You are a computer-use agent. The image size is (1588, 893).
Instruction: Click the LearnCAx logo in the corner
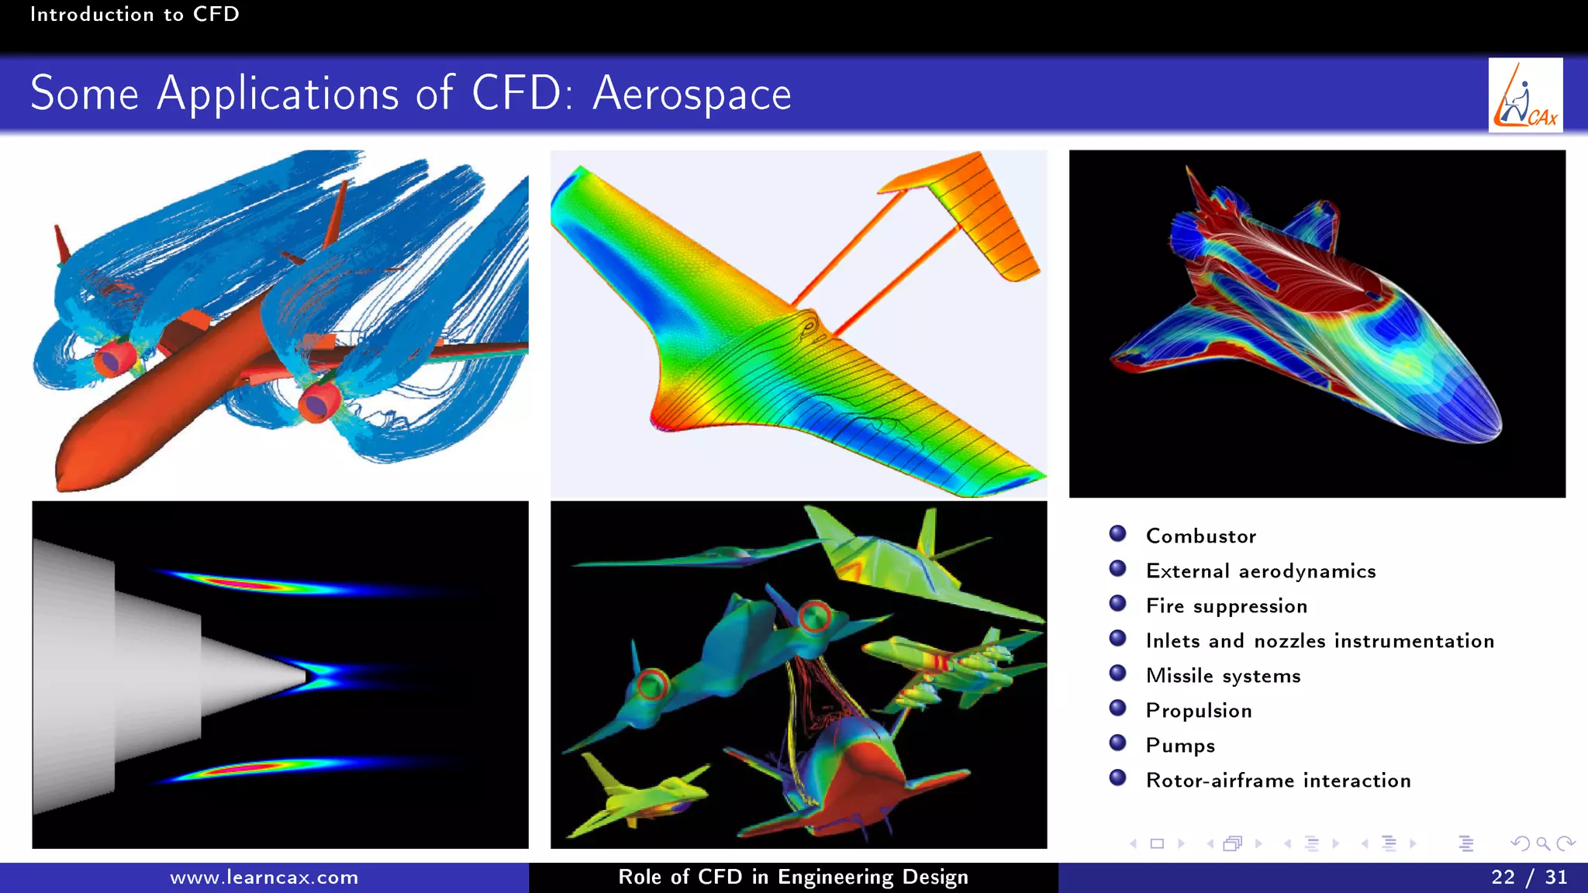pos(1525,95)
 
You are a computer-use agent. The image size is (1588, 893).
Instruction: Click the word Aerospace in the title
pos(692,95)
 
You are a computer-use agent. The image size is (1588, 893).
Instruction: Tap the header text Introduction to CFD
pos(134,14)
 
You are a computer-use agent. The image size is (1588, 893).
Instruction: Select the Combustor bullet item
pos(1200,536)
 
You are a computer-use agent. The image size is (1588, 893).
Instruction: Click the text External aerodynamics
pos(1261,571)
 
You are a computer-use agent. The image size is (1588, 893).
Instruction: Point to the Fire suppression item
pos(1227,605)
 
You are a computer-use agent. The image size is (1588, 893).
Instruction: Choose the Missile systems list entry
pos(1223,675)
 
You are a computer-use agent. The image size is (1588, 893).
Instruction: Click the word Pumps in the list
pos(1180,745)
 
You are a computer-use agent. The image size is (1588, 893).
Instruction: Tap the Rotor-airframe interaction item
pos(1278,780)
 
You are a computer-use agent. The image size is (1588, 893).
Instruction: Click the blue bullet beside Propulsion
pos(1117,708)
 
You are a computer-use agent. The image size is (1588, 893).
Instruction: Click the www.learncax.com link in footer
pos(264,877)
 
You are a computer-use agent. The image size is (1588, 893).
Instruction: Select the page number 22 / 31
pos(1528,877)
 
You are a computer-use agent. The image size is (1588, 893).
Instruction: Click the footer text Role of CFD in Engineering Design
pos(793,877)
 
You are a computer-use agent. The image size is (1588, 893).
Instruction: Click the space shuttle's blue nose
pos(1465,411)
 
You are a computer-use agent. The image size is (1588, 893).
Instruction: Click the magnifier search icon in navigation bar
pos(1542,843)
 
